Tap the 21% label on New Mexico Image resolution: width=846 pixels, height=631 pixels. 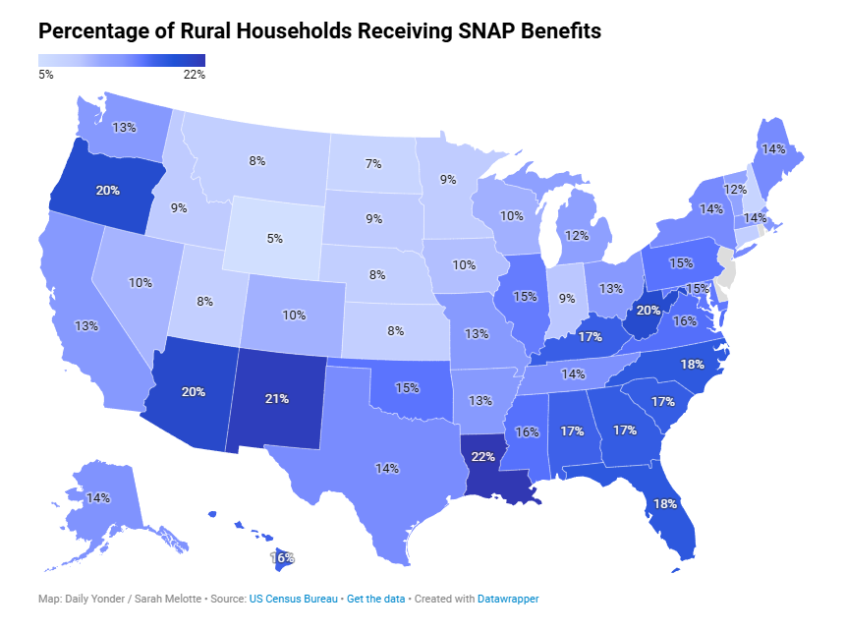[x=276, y=398]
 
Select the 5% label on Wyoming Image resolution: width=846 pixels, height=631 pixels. [x=274, y=238]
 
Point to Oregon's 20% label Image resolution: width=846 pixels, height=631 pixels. [x=108, y=191]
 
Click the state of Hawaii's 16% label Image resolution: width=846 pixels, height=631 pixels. [x=283, y=557]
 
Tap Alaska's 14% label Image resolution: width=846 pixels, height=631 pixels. [x=98, y=497]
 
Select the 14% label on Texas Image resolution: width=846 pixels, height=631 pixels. [x=387, y=468]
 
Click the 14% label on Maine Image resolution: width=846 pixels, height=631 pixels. [x=773, y=149]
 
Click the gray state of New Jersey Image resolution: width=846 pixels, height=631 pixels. [x=725, y=265]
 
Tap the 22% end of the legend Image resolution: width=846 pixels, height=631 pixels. [x=194, y=74]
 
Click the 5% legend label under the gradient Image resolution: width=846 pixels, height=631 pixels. [x=46, y=74]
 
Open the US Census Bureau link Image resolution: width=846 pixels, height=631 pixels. [x=294, y=598]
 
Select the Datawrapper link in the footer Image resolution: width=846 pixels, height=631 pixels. [x=508, y=598]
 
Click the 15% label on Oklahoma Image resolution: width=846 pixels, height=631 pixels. [x=407, y=387]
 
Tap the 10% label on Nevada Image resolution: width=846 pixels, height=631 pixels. [x=141, y=283]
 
